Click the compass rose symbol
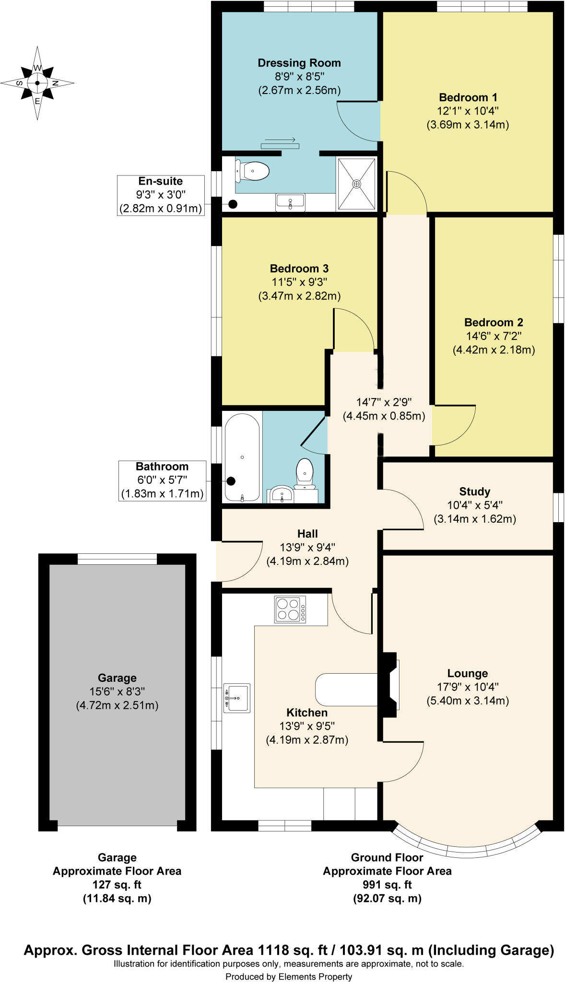pos(37,83)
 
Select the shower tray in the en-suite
pos(356,184)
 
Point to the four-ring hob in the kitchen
pos(290,609)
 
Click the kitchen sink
pos(236,698)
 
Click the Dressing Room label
pos(299,63)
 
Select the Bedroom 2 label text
pos(494,322)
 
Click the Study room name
pos(474,491)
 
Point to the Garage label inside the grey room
pos(117,678)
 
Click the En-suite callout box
pos(161,195)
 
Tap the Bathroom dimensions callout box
pos(162,480)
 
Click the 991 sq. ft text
pos(387,885)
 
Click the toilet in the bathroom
pos(305,472)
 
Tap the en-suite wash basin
pos(290,202)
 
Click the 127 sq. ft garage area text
pos(117,885)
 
